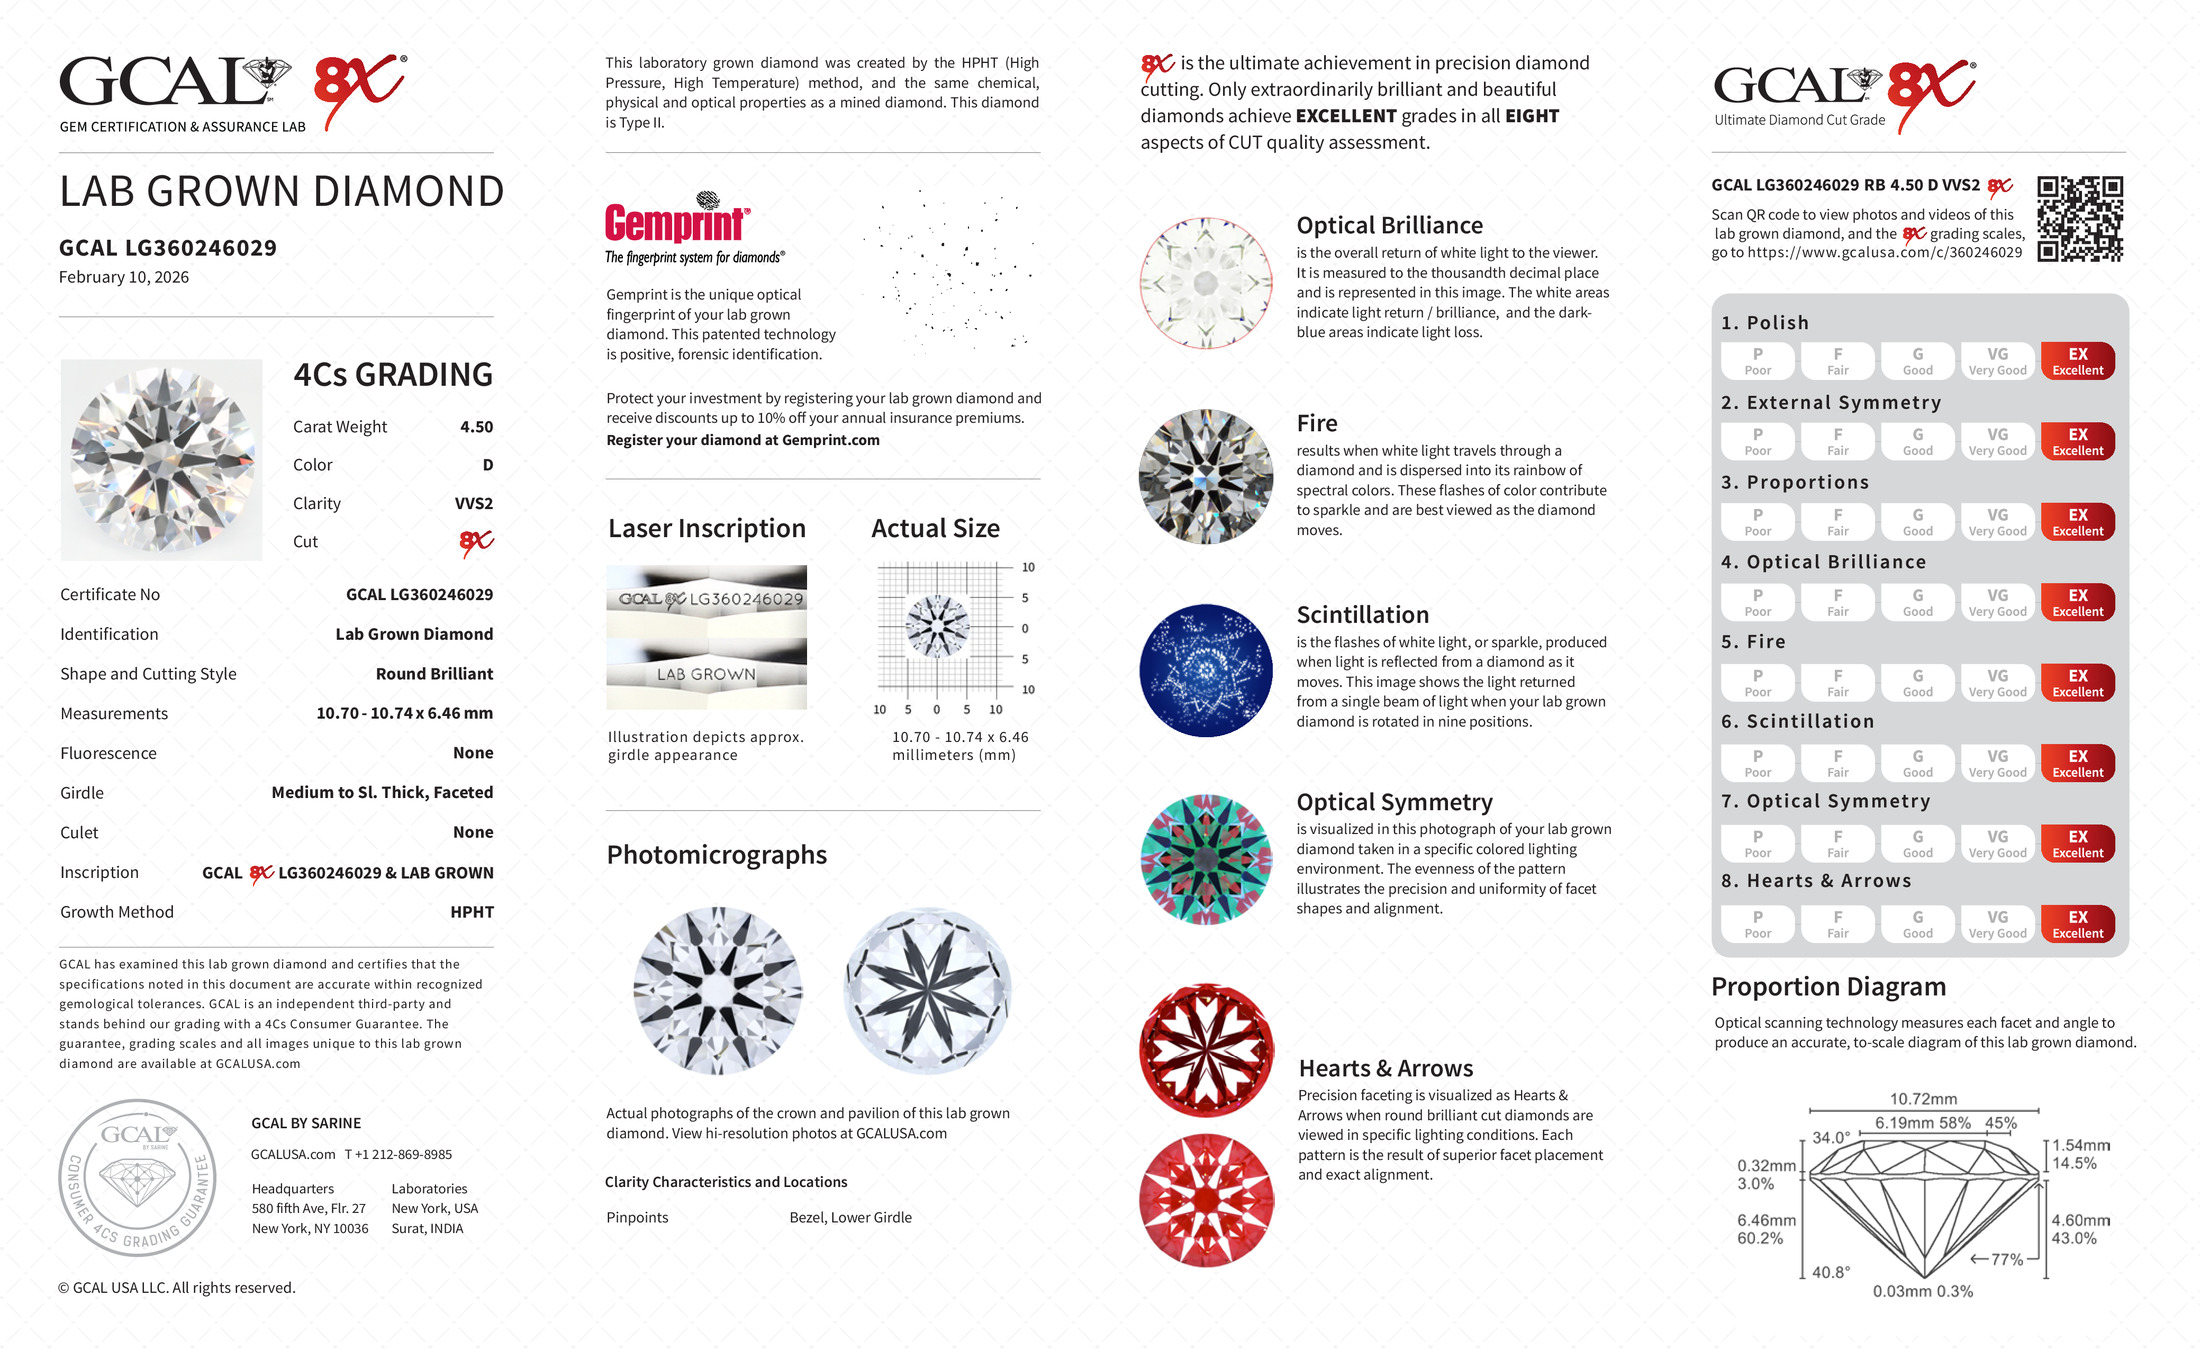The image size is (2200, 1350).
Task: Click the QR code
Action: point(2080,219)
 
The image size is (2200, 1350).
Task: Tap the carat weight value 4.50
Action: point(476,427)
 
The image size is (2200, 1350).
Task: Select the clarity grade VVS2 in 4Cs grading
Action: point(473,504)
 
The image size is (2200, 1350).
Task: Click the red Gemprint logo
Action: point(676,222)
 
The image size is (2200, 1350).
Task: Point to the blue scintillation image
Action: point(1206,670)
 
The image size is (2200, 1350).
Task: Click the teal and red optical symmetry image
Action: point(1206,860)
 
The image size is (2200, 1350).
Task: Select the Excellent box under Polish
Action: point(2077,361)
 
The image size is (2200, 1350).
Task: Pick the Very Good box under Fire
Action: point(1997,683)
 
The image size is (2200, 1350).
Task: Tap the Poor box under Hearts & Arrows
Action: point(1757,924)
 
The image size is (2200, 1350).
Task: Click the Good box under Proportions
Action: point(1917,522)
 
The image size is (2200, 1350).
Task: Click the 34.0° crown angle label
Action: point(1831,1138)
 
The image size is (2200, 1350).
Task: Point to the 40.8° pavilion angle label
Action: point(1831,1272)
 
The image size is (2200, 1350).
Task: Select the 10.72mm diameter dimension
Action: point(1923,1099)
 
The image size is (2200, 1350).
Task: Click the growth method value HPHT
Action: point(472,912)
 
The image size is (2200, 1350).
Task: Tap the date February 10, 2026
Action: point(124,278)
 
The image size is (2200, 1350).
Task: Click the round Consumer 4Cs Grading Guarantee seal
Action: point(137,1178)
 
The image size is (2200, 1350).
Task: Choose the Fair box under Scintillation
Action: point(1837,763)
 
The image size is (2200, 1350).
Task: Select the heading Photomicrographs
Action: point(716,855)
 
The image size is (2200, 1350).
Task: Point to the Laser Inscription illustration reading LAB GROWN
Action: point(706,674)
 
